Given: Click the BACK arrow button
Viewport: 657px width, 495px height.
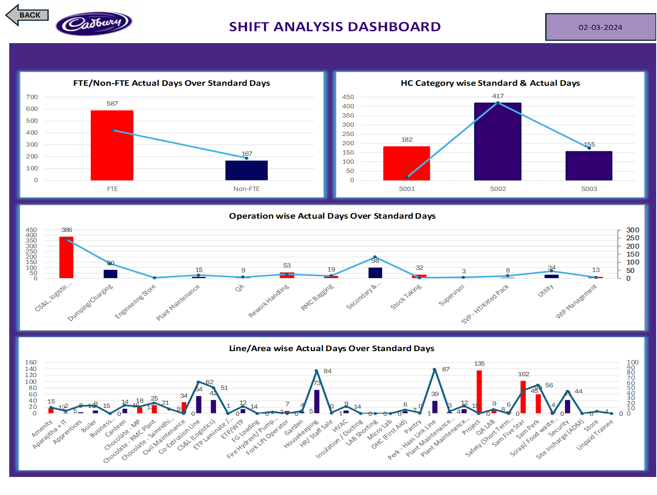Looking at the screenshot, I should pyautogui.click(x=26, y=15).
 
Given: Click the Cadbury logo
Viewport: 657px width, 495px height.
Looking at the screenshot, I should pyautogui.click(x=94, y=23).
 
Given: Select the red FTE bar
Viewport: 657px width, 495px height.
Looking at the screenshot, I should pyautogui.click(x=112, y=145).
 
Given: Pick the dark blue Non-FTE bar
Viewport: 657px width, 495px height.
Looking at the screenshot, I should pyautogui.click(x=246, y=170).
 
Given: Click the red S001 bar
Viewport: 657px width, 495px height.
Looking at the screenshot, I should pyautogui.click(x=406, y=163).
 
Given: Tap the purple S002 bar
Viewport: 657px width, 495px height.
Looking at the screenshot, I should pyautogui.click(x=498, y=142).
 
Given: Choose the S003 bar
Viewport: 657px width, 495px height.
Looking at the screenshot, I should pyautogui.click(x=589, y=166).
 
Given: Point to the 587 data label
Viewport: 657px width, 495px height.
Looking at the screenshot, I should pyautogui.click(x=112, y=104).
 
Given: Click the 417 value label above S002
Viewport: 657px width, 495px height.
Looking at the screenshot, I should pyautogui.click(x=498, y=96).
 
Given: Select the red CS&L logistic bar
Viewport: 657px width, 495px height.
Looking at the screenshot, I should pyautogui.click(x=66, y=257).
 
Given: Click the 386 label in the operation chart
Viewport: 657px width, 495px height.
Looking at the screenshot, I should pyautogui.click(x=66, y=230).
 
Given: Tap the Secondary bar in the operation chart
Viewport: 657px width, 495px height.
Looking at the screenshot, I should pyautogui.click(x=375, y=273).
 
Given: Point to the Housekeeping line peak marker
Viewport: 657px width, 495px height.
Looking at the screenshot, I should pyautogui.click(x=316, y=371).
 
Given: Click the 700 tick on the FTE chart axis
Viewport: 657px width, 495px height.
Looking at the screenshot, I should pyautogui.click(x=32, y=97).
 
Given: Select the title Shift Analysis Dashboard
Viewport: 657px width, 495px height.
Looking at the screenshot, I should pyautogui.click(x=335, y=27).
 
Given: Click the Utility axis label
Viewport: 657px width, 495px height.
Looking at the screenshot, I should pyautogui.click(x=545, y=291).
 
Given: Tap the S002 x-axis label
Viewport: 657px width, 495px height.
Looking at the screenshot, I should pyautogui.click(x=498, y=189).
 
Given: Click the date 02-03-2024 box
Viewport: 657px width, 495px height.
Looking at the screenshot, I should pyautogui.click(x=600, y=27).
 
